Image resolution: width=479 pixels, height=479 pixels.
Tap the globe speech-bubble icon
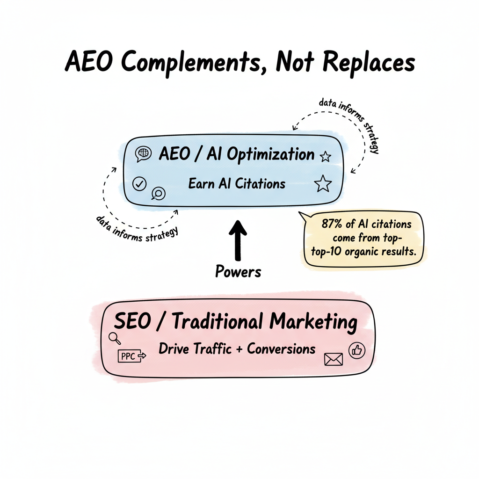tap(143, 154)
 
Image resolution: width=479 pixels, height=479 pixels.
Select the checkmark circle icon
tap(139, 184)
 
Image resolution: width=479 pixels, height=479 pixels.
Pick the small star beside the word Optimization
tap(325, 157)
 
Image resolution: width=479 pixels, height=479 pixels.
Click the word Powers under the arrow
tap(239, 271)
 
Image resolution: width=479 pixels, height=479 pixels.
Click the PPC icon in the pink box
tap(133, 356)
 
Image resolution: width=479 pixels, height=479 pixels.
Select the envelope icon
tap(333, 359)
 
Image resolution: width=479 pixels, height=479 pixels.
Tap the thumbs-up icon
tap(357, 350)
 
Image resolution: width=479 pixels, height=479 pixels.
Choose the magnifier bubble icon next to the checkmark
tap(159, 194)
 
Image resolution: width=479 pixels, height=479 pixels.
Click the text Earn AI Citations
tap(237, 183)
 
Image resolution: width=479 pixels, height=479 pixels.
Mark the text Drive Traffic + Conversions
tap(237, 349)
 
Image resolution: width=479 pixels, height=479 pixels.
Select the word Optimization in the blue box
tap(270, 155)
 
